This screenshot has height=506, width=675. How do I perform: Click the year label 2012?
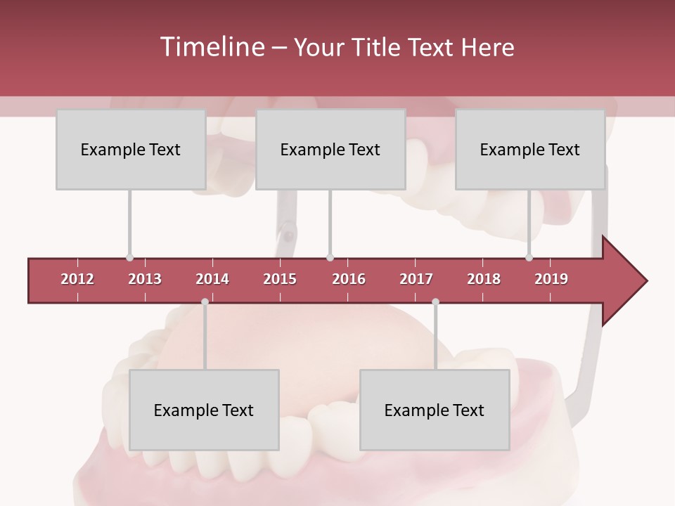[77, 279]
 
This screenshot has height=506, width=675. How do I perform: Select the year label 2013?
[145, 279]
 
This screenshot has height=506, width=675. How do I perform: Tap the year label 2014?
[212, 279]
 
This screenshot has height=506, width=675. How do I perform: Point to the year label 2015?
[280, 279]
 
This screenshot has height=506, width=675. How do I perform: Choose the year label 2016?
[349, 279]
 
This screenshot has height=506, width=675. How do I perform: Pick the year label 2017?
[416, 279]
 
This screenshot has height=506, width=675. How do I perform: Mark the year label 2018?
[484, 279]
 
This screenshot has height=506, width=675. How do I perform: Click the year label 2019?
[551, 279]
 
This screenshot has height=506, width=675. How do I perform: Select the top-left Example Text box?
[131, 150]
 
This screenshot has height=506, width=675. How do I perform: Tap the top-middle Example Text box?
[330, 150]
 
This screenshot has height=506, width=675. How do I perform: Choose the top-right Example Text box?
[530, 150]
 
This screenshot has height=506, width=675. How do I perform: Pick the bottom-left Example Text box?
[204, 410]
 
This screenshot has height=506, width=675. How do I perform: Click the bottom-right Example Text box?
[435, 410]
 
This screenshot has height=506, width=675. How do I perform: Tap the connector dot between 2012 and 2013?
[129, 258]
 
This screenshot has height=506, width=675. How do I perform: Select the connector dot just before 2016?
[330, 258]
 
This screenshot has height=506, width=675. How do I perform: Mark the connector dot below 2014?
[205, 301]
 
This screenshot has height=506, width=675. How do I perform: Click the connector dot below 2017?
[435, 301]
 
